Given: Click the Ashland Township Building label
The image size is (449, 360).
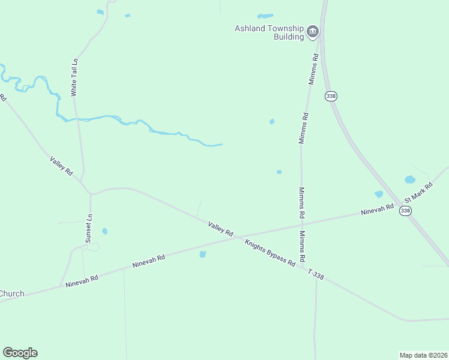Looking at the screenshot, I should (x=269, y=32).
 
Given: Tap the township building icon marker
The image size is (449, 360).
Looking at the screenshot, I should (x=312, y=31).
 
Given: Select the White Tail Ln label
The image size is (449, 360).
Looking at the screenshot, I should (x=75, y=77).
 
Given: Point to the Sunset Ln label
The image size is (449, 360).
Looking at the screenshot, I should (x=89, y=227).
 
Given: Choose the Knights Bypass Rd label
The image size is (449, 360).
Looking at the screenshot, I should (x=270, y=252).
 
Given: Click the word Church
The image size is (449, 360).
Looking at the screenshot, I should (x=12, y=293).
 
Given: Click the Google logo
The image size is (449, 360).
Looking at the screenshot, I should (x=20, y=353).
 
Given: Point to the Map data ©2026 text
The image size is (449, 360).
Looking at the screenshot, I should (x=424, y=355).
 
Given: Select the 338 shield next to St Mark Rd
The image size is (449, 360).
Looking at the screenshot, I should (x=406, y=210).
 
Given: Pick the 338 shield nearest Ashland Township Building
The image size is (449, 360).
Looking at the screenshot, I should (x=330, y=96).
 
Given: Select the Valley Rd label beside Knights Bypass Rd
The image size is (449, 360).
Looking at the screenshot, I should (x=220, y=228).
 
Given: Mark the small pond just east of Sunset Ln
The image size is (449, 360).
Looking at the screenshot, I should (x=104, y=231).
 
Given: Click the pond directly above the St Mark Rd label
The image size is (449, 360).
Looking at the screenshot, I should (x=410, y=179).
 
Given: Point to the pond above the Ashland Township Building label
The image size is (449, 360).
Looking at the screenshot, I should (x=265, y=16).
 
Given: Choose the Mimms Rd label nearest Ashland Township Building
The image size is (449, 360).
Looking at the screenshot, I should (x=312, y=68).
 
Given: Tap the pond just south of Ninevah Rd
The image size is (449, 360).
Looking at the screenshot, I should (x=202, y=254).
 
